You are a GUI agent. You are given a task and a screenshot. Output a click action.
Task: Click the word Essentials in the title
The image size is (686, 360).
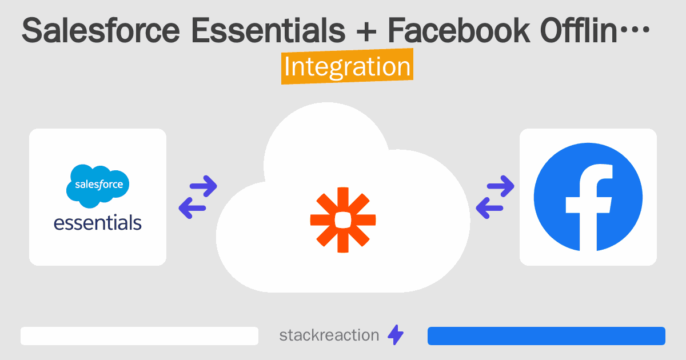tap(268, 31)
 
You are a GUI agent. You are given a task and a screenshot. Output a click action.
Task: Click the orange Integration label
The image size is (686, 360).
tap(347, 67)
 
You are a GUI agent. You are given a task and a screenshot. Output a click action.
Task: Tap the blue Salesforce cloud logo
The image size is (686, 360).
tap(98, 185)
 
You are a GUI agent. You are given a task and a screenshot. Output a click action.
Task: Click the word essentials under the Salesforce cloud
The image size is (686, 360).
tap(98, 222)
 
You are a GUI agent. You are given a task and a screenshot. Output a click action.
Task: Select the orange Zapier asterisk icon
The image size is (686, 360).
tap(343, 219)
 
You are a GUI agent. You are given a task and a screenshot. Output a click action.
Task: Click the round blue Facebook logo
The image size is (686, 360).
tap(588, 197)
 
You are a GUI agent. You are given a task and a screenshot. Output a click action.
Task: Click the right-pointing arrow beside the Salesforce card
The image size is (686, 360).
tap(203, 185)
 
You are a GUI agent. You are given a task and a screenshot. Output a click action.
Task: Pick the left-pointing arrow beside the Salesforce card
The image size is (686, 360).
tap(193, 207)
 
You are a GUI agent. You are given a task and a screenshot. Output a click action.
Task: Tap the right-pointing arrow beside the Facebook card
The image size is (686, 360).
tap(500, 185)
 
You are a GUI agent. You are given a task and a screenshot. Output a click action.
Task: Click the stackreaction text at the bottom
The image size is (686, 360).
tap(329, 335)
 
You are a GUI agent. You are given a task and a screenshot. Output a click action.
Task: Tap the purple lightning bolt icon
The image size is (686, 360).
tap(396, 335)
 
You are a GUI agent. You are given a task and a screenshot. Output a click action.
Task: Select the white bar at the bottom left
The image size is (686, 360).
tap(139, 336)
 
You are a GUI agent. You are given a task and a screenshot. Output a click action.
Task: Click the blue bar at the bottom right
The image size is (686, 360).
tap(547, 336)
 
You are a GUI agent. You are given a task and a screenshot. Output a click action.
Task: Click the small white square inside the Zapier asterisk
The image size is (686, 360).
tap(343, 219)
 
